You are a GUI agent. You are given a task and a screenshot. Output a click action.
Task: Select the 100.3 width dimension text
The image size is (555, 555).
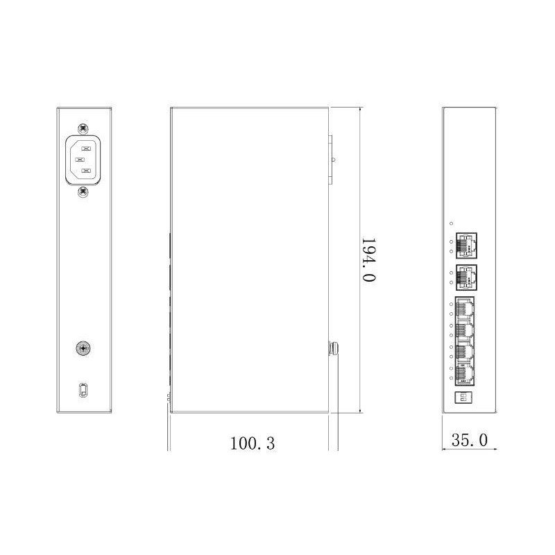point(253,443)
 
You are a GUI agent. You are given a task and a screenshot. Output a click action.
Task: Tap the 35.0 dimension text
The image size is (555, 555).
point(470,440)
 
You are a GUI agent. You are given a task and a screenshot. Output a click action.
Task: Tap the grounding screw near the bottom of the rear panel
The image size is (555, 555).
point(83,348)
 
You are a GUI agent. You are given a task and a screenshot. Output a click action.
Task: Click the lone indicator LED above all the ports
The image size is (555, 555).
point(451,223)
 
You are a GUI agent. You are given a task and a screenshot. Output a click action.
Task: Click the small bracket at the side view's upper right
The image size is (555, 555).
point(332,160)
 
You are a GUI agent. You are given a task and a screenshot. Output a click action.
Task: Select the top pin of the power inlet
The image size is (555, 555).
point(86,147)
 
